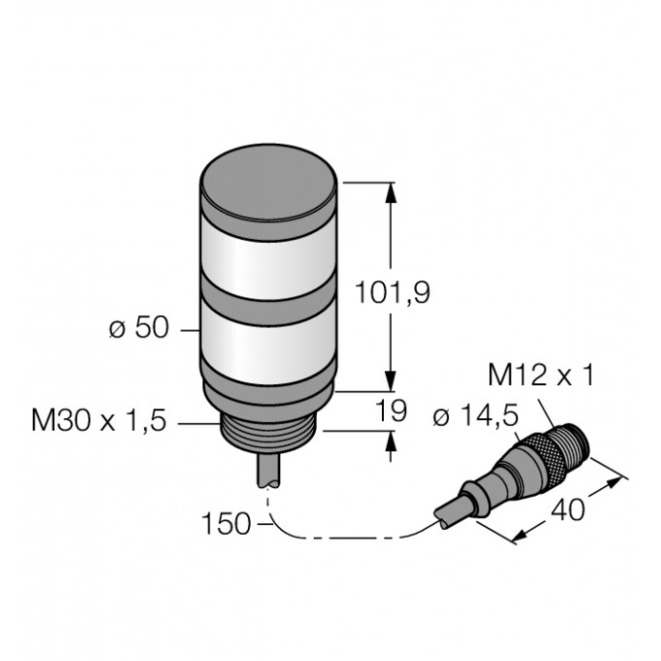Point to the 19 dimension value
coord(391,410)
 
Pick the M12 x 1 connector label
coord(540,374)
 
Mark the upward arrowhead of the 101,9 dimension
coord(391,192)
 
